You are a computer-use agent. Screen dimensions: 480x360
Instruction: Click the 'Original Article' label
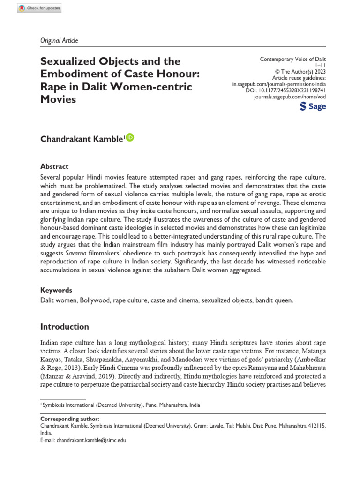(x=59, y=40)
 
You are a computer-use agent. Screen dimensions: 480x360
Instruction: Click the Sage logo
(x=313, y=106)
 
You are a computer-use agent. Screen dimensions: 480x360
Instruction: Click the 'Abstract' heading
(x=54, y=166)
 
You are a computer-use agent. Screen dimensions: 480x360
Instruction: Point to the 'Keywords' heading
(x=56, y=290)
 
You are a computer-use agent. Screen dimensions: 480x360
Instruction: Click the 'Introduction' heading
(x=64, y=326)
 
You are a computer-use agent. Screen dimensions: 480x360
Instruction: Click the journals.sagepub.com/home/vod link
(x=290, y=97)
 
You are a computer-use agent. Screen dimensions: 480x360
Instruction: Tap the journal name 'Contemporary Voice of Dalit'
(x=292, y=60)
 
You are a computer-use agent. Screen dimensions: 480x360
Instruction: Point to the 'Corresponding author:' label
(x=70, y=419)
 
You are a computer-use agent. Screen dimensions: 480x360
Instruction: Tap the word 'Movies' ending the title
(x=58, y=99)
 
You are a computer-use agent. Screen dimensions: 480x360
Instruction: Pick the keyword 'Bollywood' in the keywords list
(x=95, y=300)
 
